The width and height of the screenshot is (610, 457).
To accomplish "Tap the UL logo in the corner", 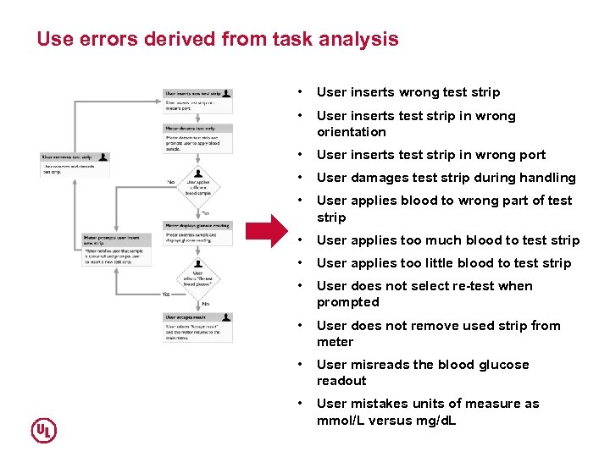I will [44, 430].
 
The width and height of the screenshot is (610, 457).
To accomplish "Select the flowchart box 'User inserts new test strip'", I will [197, 101].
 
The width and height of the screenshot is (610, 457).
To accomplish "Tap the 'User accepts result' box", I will [197, 327].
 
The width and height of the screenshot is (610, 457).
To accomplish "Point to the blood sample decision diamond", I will [197, 184].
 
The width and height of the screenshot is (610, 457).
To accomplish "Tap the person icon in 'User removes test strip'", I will [103, 157].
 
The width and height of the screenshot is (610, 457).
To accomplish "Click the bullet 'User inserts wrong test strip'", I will [408, 92].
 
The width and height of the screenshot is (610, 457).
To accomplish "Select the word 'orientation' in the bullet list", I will [352, 132].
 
